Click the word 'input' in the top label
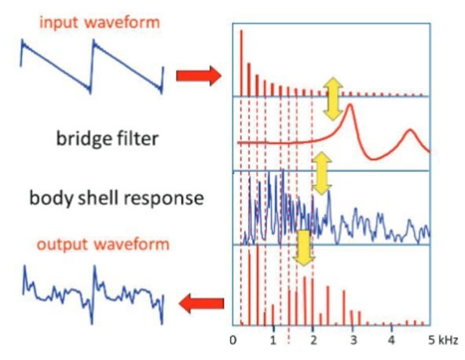point(58,23)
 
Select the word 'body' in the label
point(51,198)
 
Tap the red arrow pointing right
point(199,76)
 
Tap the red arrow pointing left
point(202,303)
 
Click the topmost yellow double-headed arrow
point(333,99)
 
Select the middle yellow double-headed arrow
point(322,174)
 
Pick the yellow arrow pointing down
point(304,248)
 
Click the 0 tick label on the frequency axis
point(233,340)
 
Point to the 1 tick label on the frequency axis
point(273,340)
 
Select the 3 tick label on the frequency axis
point(353,340)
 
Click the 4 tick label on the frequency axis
point(392,340)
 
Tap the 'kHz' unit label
point(447,340)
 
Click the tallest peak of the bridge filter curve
point(350,105)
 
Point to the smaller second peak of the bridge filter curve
point(410,130)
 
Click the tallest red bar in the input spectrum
point(241,63)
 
